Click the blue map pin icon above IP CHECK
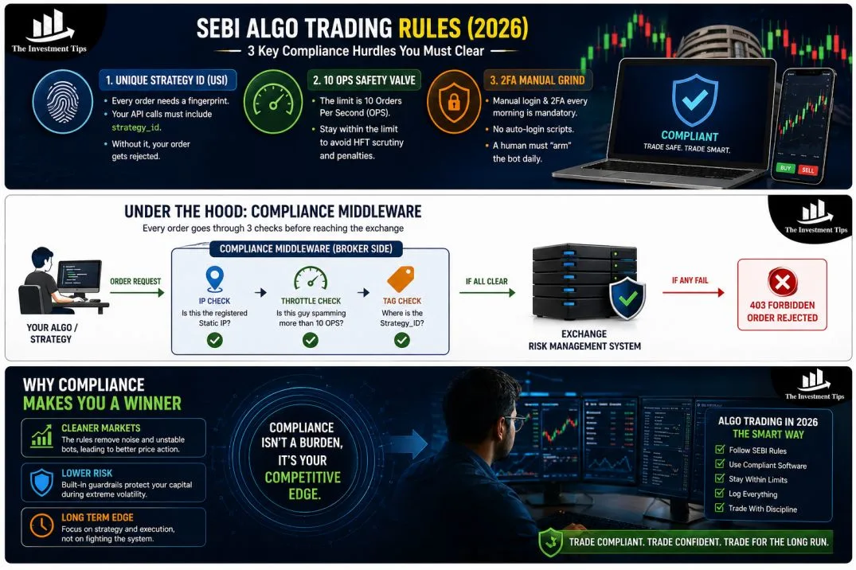coord(214,279)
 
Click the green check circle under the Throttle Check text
coord(310,340)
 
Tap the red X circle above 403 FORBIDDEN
coord(782,282)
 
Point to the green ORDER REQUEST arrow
coord(135,293)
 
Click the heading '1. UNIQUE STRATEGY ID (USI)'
coord(163,80)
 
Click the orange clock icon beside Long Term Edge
coord(41,525)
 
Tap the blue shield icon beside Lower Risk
coord(41,482)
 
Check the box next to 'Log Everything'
coord(720,494)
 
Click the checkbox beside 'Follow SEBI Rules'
coord(720,451)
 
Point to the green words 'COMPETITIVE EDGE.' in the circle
coord(303,486)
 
